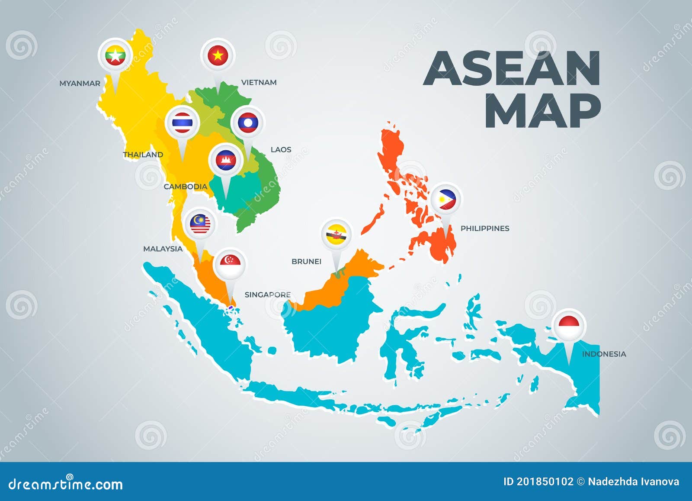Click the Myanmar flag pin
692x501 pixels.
pos(115,55)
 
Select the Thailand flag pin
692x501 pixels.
pos(182,123)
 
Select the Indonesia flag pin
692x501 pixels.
pos(569,324)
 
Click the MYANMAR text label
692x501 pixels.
pos(80,83)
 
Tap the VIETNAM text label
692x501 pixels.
pos(259,82)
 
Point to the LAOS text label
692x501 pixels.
pos(281,149)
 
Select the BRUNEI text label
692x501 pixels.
pos(306,261)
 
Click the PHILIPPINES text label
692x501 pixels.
pos(484,228)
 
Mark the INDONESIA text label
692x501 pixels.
pos(604,354)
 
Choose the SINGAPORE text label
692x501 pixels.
pos(267,294)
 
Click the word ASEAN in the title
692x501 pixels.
pos(512,68)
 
